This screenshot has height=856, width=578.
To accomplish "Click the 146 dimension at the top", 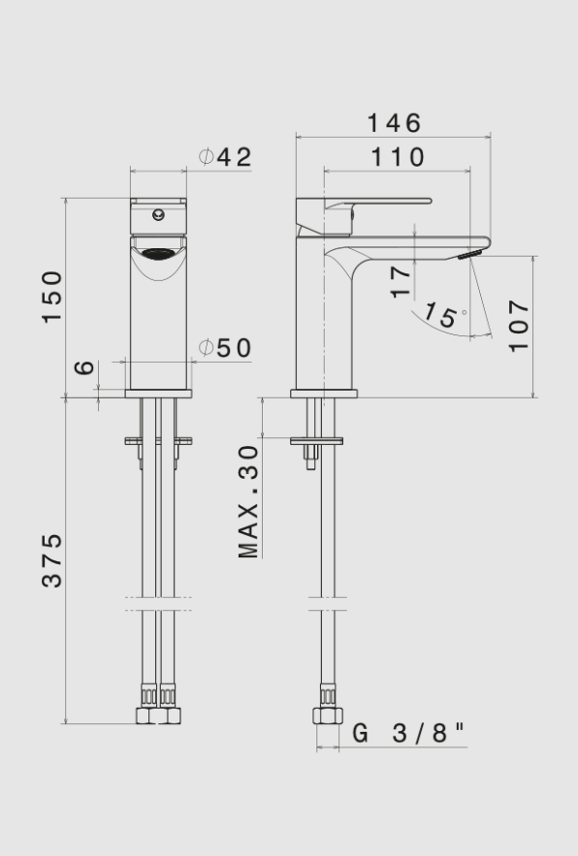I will tap(394, 123).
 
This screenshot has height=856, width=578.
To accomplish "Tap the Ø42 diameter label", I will tap(226, 156).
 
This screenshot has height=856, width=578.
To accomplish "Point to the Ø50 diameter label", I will tap(226, 348).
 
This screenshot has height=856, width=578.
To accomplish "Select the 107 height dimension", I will tap(519, 326).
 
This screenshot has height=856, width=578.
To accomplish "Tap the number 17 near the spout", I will tap(401, 281).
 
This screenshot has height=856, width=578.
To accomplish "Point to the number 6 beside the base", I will tap(85, 367).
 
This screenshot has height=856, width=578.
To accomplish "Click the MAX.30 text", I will tap(249, 501).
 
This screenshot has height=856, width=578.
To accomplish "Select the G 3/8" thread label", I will tap(408, 733).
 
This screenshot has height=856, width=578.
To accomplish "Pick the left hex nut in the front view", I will tap(147, 717).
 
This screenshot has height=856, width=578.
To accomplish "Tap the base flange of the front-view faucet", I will tap(158, 394).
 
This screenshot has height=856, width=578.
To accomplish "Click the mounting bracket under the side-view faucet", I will tap(316, 441).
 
